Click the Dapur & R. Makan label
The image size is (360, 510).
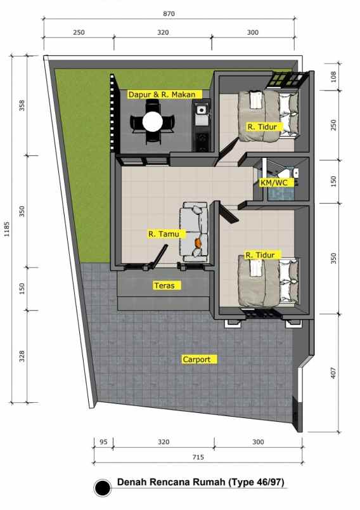[164, 95]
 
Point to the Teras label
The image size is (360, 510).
[164, 285]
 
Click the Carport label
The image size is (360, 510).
[200, 359]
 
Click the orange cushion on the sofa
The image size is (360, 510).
[199, 242]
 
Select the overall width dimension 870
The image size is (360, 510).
[168, 13]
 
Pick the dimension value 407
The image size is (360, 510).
[333, 374]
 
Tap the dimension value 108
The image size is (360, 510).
[333, 77]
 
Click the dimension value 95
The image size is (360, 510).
[103, 442]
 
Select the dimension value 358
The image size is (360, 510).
[22, 105]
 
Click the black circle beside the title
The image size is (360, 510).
[102, 488]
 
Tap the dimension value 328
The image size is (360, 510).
[22, 356]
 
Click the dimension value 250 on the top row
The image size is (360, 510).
[79, 32]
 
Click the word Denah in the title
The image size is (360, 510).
[132, 483]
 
